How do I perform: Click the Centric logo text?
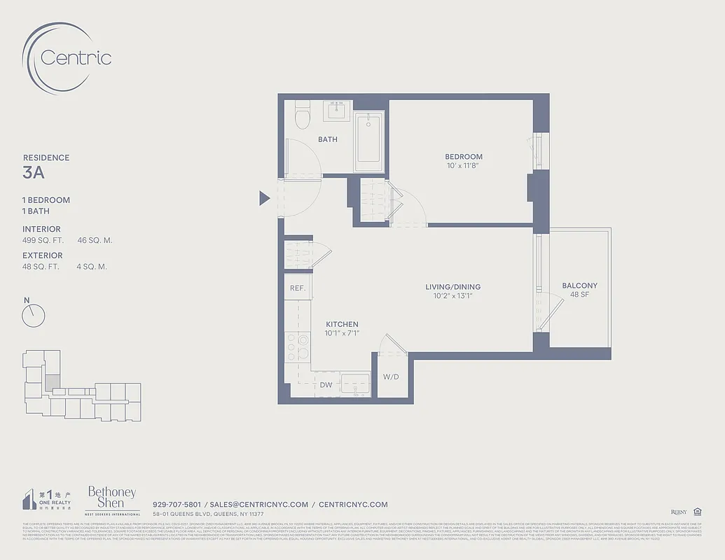point(76,57)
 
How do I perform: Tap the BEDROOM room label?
point(464,157)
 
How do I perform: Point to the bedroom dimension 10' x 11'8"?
point(464,166)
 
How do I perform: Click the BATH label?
point(328,139)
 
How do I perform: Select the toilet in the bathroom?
point(303,115)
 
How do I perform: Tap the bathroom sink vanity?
point(338,110)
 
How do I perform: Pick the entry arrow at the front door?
point(264,199)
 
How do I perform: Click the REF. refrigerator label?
point(297,288)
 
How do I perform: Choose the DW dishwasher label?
point(326,385)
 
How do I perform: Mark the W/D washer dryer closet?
point(390,377)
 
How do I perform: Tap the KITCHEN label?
point(342,324)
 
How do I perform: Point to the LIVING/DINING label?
point(453,287)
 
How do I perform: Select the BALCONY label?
point(579,286)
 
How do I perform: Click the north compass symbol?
point(33,314)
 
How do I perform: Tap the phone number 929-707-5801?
point(177,504)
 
